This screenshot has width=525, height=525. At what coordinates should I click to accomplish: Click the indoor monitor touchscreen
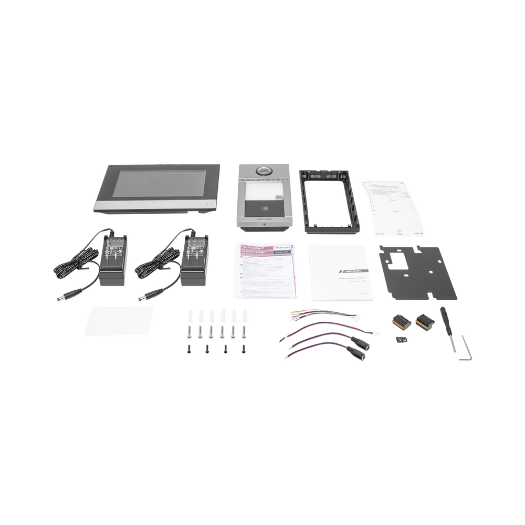pos(157,187)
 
